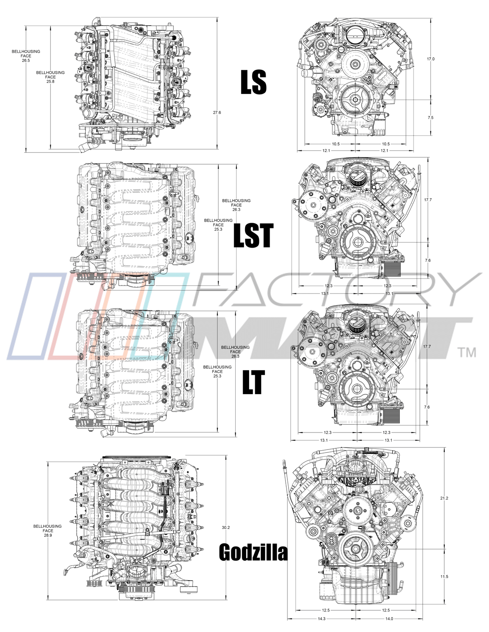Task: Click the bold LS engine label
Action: (x=253, y=82)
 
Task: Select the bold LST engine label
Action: (x=253, y=236)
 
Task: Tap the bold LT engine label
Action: (x=253, y=382)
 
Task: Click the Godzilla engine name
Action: (x=253, y=552)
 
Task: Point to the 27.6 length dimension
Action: (x=217, y=113)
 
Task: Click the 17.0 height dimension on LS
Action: (x=430, y=59)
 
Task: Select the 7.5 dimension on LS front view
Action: (x=430, y=118)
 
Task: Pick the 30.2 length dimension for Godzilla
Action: (x=226, y=527)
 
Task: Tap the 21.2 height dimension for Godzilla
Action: (x=444, y=498)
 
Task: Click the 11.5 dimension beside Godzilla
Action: (x=444, y=577)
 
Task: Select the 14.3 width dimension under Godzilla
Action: (x=321, y=619)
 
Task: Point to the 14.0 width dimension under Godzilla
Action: (x=389, y=619)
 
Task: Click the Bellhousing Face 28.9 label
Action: (x=47, y=530)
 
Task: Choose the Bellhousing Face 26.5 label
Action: (x=26, y=56)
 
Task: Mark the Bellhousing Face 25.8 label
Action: (x=50, y=77)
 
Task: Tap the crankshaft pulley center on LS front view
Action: (x=355, y=99)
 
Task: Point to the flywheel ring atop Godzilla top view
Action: (x=136, y=457)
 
